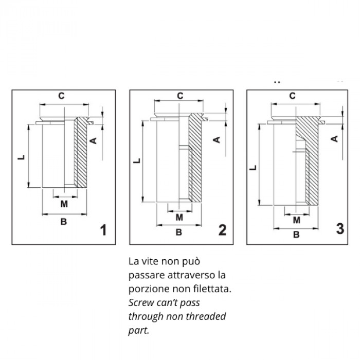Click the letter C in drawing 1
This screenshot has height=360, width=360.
click(x=61, y=96)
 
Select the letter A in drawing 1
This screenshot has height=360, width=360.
click(x=94, y=140)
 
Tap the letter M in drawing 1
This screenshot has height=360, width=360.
click(x=64, y=204)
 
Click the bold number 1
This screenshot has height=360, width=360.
click(x=103, y=230)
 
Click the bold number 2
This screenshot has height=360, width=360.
click(x=222, y=230)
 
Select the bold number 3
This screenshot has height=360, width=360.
click(x=339, y=228)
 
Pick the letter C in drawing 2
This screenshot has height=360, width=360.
click(x=180, y=96)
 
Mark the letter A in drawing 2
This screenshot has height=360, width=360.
click(x=217, y=139)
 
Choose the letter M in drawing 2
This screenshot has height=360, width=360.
click(x=179, y=217)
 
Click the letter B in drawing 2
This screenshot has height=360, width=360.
click(x=179, y=232)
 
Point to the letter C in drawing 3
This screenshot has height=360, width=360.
click(x=292, y=96)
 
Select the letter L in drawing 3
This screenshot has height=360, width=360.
click(x=253, y=168)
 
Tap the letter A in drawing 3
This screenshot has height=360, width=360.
click(x=333, y=138)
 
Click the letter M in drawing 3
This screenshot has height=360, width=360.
click(x=296, y=220)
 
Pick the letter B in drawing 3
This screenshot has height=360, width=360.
click(x=296, y=235)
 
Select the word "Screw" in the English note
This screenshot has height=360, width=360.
click(x=141, y=302)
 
